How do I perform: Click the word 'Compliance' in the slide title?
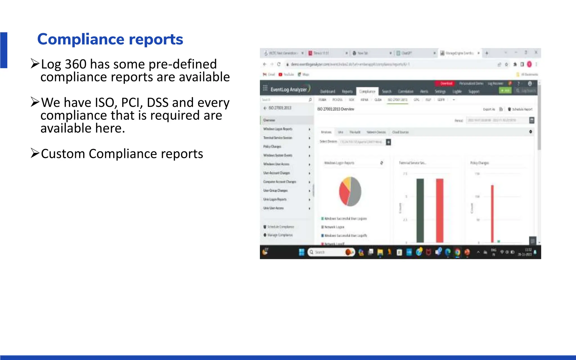tap(80, 39)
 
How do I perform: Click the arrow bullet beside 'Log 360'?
tap(35, 64)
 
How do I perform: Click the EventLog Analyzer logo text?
tap(289, 89)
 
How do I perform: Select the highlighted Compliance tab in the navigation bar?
tap(367, 91)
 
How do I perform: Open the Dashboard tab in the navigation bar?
tap(328, 91)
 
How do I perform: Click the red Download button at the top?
tap(446, 83)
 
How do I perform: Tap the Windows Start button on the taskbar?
tap(301, 252)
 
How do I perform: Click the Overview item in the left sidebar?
tap(269, 120)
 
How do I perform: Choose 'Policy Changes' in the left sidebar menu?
tap(272, 147)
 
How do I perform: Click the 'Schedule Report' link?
tap(522, 109)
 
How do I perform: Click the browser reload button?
tap(279, 64)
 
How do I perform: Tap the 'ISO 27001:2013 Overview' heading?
tap(336, 109)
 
